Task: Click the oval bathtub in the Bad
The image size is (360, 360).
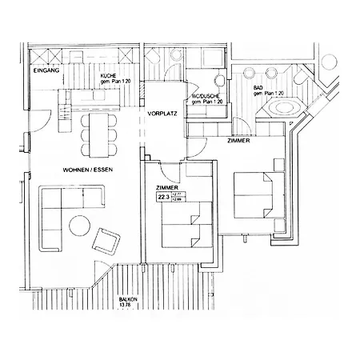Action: (282, 105)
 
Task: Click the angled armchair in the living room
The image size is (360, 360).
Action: (107, 240)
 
